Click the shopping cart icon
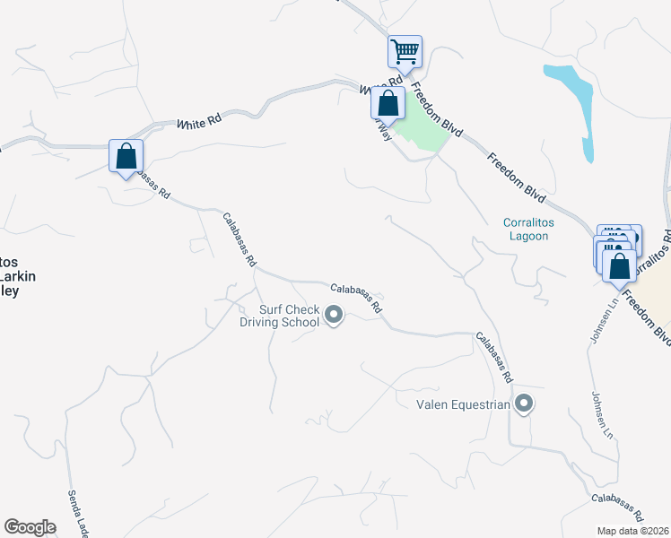[405, 51]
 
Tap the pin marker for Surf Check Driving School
[334, 315]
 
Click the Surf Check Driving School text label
[289, 317]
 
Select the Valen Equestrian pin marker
[525, 404]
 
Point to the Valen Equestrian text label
[463, 404]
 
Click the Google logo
[30, 527]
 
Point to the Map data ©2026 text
[633, 530]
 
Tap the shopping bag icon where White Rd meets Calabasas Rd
[126, 156]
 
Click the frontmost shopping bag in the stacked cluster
[619, 265]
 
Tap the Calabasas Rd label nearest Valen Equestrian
[494, 358]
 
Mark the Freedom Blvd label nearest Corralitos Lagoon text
[518, 175]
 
